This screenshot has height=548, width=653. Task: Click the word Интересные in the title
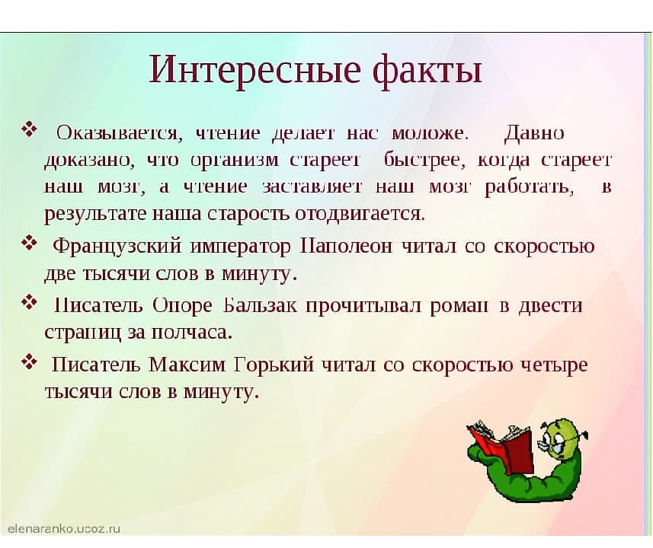pos(254,69)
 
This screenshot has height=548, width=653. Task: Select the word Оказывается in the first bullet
pos(119,134)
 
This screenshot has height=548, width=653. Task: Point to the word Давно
pos(534,134)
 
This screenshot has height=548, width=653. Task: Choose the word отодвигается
pos(360,214)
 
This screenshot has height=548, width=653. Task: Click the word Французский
pos(117,246)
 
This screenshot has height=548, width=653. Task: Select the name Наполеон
pos(346,246)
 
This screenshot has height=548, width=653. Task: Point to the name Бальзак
pos(261,305)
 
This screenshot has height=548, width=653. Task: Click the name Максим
pos(187,365)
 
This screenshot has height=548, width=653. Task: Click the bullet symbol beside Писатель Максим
pos(29,362)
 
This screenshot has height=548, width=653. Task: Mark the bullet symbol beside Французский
pos(29,243)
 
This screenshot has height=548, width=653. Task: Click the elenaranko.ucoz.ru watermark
pos(64,528)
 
